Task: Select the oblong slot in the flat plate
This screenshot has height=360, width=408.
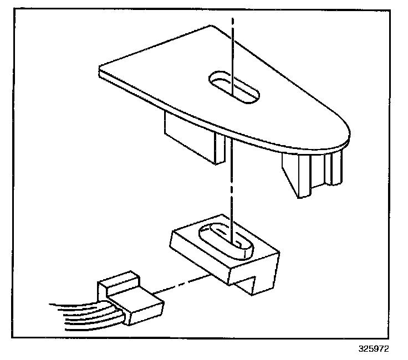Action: [233, 88]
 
